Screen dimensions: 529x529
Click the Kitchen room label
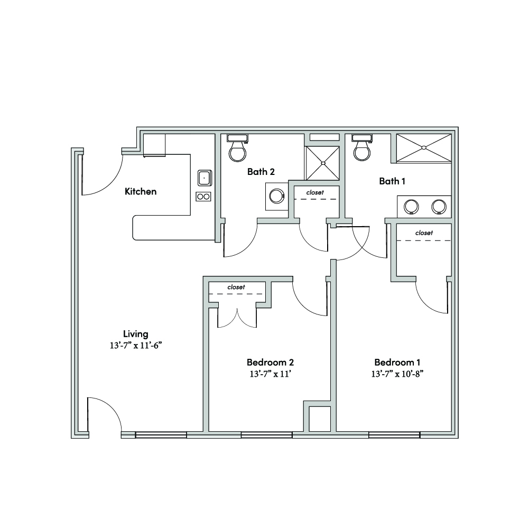(x=141, y=192)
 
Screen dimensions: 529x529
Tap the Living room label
(x=136, y=334)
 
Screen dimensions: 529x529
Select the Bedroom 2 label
(x=270, y=363)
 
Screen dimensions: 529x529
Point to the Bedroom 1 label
(x=397, y=363)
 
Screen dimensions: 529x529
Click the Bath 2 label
(x=261, y=172)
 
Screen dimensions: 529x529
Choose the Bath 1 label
(x=392, y=181)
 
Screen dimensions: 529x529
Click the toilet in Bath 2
(x=237, y=148)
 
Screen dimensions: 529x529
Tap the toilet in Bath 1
(x=362, y=147)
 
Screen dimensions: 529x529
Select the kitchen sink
(x=205, y=178)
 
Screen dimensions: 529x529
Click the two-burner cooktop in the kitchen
(x=203, y=197)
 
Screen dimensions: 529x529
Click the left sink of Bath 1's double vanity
(x=411, y=207)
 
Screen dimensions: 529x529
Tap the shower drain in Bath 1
(x=424, y=147)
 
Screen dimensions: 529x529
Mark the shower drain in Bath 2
(x=323, y=163)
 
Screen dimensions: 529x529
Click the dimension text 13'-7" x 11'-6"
(x=136, y=346)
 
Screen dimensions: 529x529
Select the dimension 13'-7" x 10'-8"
(x=397, y=374)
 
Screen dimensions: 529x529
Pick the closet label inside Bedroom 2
(x=236, y=287)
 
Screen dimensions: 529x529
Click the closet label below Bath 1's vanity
(x=424, y=233)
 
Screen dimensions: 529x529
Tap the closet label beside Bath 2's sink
(x=315, y=192)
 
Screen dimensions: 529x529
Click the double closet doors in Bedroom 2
(x=237, y=318)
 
